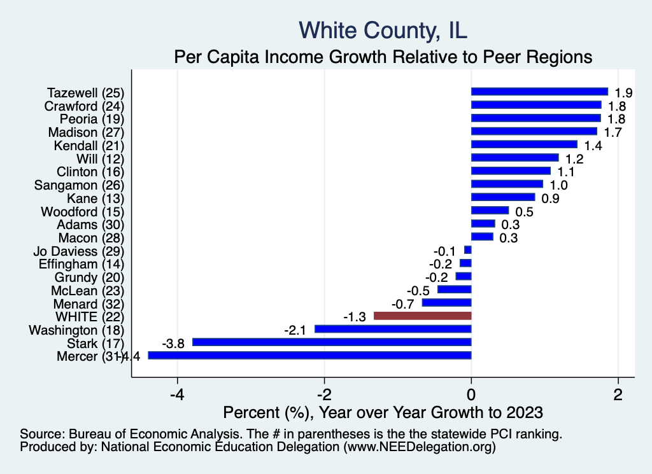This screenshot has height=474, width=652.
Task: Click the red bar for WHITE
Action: (422, 316)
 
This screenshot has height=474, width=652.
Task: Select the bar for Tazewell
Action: (539, 92)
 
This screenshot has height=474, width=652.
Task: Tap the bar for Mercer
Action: (309, 356)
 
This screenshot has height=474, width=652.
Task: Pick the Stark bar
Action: (332, 342)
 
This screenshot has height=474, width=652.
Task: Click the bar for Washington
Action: (393, 329)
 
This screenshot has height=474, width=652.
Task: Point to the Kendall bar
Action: (524, 144)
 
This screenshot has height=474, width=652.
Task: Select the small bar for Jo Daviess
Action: (468, 250)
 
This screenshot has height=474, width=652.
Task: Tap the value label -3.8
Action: (173, 343)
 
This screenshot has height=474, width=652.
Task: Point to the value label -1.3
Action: (354, 316)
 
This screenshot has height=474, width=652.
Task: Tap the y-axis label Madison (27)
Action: (86, 132)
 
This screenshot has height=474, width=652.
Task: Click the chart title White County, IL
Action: (383, 30)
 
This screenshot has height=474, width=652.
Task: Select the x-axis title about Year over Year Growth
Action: (383, 412)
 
